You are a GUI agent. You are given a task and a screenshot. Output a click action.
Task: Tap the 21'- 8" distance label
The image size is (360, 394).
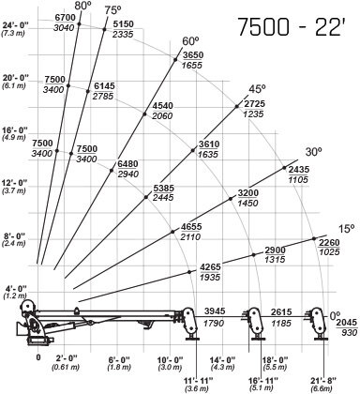(x=320, y=375)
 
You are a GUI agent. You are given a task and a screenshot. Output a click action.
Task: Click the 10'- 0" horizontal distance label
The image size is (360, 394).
(x=172, y=358)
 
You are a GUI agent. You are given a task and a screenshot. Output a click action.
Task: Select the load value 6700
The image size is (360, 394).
(x=65, y=18)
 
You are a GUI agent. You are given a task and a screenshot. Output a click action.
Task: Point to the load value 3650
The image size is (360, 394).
(x=192, y=56)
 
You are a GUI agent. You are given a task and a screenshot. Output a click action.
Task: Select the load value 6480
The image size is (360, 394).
(x=128, y=162)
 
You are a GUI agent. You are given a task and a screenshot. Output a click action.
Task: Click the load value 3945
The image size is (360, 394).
(x=217, y=311)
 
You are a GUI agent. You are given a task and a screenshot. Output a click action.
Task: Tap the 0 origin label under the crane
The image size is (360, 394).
(x=38, y=357)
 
